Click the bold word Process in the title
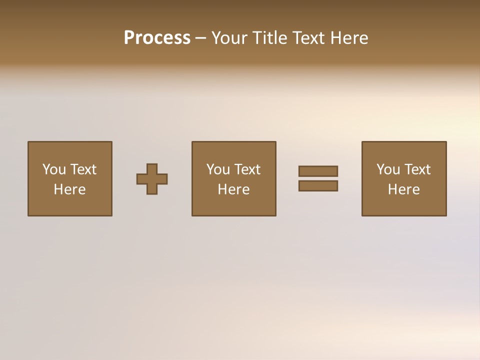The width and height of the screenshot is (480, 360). point(157,38)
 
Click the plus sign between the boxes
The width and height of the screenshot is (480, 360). point(152,179)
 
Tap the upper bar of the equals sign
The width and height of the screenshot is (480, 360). point(318,171)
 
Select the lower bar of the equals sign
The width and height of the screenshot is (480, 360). point(318,185)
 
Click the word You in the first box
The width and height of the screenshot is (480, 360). point(54,169)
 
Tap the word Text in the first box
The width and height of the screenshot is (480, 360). point(83,169)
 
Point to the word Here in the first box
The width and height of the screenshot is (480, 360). point(70,189)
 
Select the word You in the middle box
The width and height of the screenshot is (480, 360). point(218,169)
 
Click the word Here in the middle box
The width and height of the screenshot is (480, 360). point(234,189)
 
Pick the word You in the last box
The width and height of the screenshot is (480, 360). point(388,169)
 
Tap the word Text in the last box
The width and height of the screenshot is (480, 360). point(417,169)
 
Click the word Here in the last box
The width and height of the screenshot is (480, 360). point(404,189)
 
